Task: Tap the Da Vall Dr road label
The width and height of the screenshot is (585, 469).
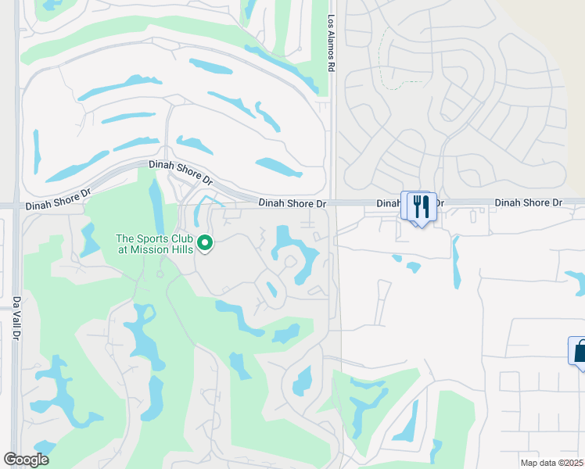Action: pos(16,317)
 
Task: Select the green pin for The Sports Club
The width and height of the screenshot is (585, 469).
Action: pos(206,244)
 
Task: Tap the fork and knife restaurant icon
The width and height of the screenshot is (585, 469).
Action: pos(421,207)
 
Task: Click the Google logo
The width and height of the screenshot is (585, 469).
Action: pos(26,460)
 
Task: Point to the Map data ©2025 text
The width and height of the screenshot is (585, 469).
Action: pos(551,463)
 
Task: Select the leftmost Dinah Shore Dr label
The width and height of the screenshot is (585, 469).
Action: pos(59,206)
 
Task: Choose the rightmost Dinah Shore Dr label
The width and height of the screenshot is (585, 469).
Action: pos(529,202)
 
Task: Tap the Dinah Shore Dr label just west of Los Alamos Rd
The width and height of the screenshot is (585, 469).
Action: pos(292,203)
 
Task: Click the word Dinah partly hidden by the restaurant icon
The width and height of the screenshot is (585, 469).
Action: pos(389,202)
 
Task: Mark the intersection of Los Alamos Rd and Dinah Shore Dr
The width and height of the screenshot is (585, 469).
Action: pos(332,202)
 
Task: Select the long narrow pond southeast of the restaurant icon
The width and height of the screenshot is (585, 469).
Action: pos(456,261)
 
